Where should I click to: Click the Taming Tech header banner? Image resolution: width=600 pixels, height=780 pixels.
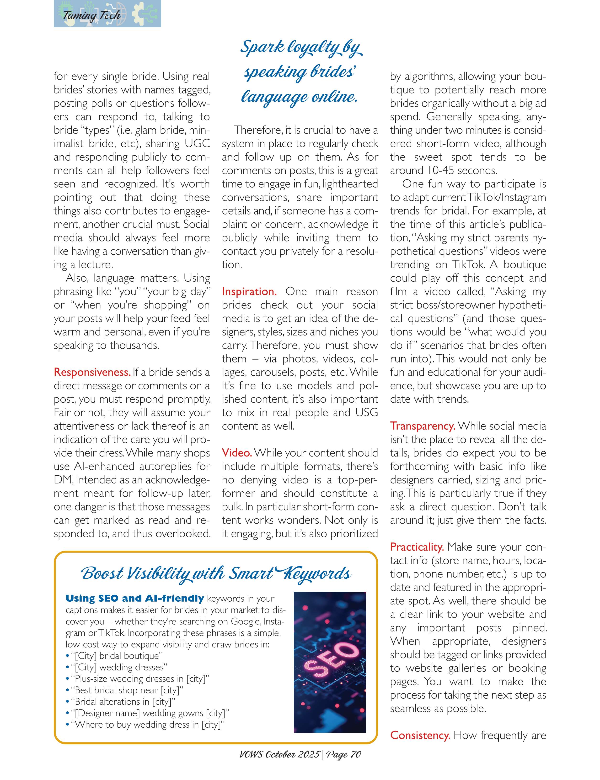tap(107, 14)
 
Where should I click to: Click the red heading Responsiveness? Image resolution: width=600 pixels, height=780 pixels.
tap(92, 372)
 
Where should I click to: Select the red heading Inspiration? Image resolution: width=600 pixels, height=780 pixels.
tap(249, 291)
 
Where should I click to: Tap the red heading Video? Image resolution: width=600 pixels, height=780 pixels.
tap(237, 453)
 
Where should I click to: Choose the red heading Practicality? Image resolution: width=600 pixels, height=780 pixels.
tap(417, 547)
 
